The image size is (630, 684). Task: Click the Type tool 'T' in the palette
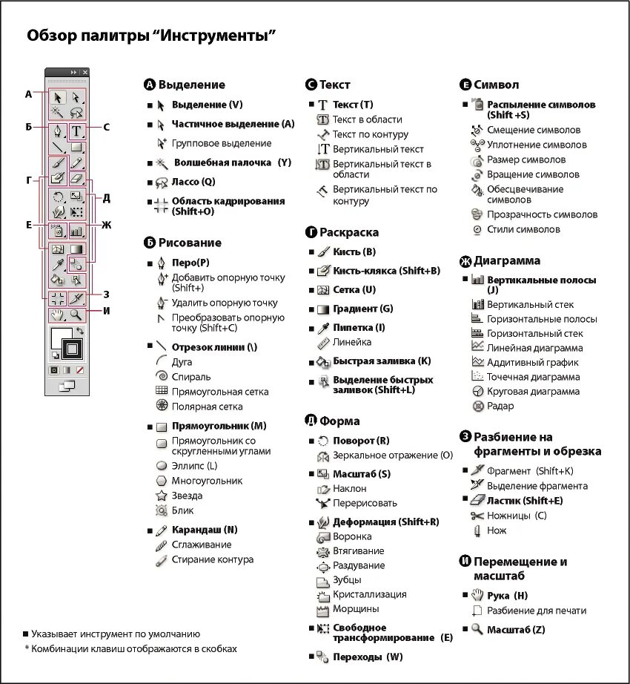point(77,132)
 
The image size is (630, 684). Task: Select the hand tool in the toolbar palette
point(57,315)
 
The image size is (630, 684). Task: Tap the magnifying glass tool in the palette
point(76,315)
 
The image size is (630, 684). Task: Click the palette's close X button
point(84,72)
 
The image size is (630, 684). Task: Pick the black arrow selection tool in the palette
point(57,97)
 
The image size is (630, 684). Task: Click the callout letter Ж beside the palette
point(106,225)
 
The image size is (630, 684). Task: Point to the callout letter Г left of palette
point(29,180)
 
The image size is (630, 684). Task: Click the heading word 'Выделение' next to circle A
point(191,85)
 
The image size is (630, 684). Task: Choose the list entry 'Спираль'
point(191,377)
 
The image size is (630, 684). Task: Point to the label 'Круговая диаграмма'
point(533,391)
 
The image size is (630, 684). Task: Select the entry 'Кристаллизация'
point(369,594)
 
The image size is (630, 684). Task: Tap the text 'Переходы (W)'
point(368,657)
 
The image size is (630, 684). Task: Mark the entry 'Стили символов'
point(523,229)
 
